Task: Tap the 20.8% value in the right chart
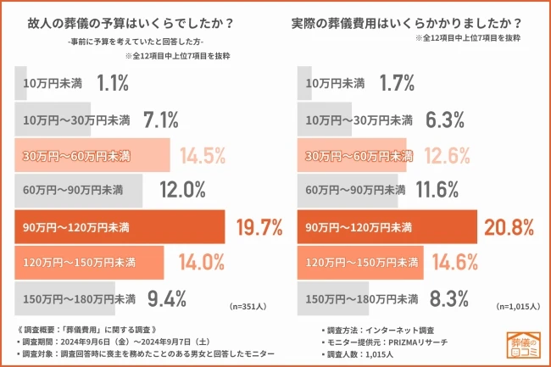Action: (x=509, y=227)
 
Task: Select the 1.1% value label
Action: (x=113, y=83)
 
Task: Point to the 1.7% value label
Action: (x=398, y=83)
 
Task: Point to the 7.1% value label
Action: (x=161, y=119)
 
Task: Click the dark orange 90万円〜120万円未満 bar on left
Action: (x=119, y=227)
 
